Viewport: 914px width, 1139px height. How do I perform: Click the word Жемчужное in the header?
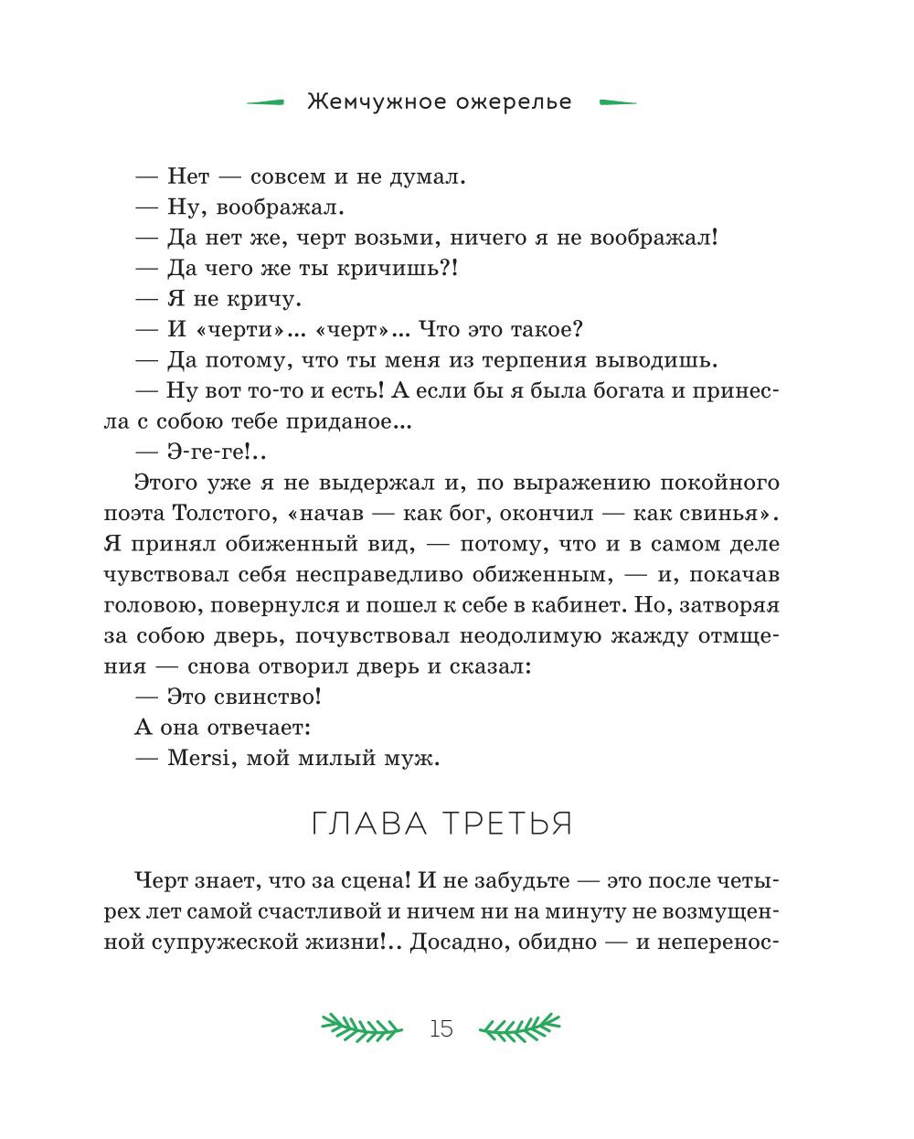[363, 101]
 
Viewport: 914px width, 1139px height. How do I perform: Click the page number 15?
[441, 1028]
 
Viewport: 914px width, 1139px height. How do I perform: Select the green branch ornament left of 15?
[361, 1027]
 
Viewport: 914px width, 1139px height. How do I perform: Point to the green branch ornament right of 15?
[520, 1027]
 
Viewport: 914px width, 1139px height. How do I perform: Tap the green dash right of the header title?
[617, 102]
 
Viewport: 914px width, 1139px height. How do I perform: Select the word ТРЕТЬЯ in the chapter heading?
[509, 824]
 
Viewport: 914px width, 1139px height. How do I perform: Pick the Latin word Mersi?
[197, 758]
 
